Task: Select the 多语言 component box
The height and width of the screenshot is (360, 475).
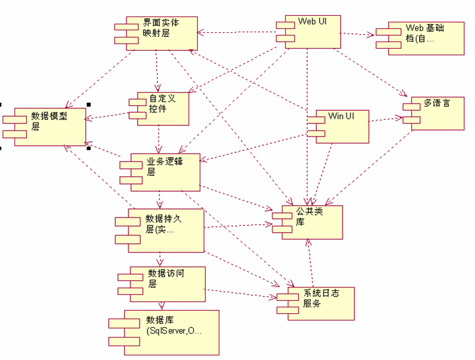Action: (434, 112)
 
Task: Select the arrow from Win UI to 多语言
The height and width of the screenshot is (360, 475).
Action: (385, 119)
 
